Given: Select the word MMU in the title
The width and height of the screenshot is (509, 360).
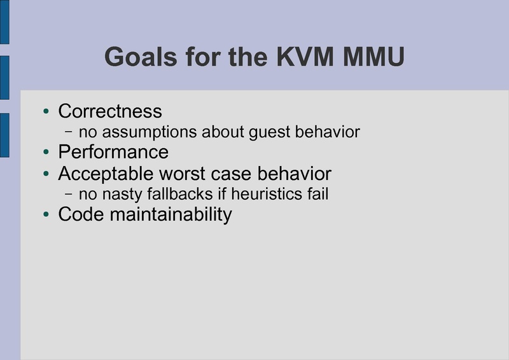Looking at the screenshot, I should (374, 57).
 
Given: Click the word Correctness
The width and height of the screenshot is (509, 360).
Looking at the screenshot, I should (110, 111).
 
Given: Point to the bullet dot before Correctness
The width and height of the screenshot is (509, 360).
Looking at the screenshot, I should (46, 112).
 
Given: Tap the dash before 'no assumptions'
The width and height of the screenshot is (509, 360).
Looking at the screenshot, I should (69, 132).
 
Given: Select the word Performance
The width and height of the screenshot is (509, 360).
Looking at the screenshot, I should (113, 153).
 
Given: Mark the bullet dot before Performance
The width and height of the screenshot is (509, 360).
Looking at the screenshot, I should (46, 153).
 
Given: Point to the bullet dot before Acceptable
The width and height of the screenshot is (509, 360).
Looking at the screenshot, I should (46, 174).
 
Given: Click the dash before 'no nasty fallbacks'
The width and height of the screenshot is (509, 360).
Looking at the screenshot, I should (69, 193).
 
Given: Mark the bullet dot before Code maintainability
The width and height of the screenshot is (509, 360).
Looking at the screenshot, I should (46, 215).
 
